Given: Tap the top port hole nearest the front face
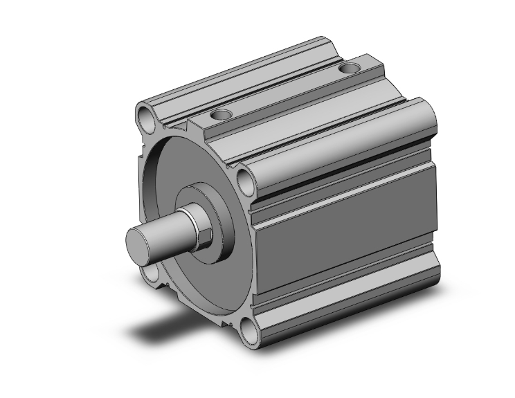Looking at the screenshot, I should coord(222,114).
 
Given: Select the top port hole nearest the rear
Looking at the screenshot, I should coord(351,69).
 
